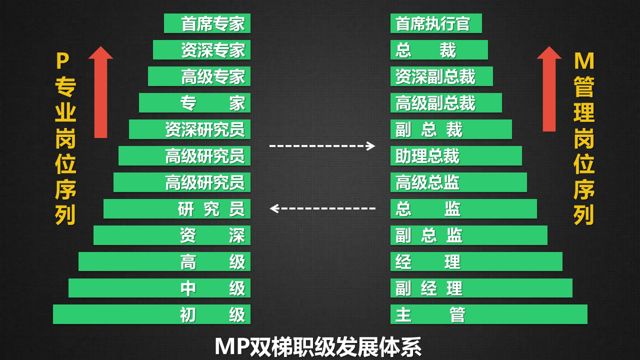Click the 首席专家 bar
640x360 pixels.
(207, 23)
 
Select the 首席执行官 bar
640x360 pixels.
(436, 23)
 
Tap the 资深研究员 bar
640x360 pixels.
(189, 129)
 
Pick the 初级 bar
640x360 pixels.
(151, 314)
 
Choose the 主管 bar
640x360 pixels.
(488, 314)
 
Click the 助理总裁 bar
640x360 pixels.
(456, 156)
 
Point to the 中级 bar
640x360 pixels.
(159, 288)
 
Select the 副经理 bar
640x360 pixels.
(481, 288)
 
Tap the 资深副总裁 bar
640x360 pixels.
(441, 76)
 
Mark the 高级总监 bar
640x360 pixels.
(458, 182)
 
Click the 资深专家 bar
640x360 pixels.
(201, 50)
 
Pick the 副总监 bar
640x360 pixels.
(468, 235)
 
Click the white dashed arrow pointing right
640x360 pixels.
(322, 146)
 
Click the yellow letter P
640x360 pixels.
(62, 61)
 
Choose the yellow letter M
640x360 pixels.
(584, 61)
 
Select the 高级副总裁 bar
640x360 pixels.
(446, 103)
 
